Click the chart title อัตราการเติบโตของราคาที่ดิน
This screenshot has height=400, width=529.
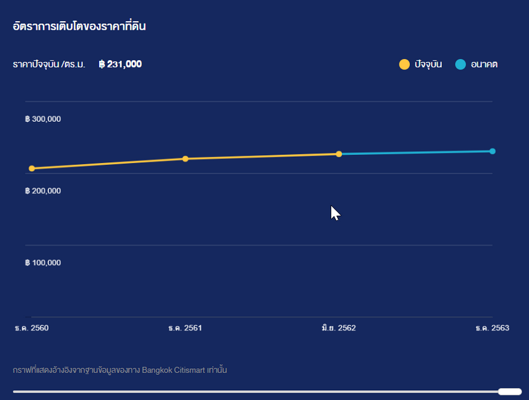[x=79, y=27]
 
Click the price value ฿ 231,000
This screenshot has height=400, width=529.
[x=120, y=65]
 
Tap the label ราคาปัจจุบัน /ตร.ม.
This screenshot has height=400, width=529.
[x=49, y=65]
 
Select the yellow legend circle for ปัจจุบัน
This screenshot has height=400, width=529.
[x=404, y=64]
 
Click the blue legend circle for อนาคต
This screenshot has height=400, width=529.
[x=460, y=64]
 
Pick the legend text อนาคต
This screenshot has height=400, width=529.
[x=484, y=65]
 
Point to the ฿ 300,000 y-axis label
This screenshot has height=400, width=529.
[x=43, y=119]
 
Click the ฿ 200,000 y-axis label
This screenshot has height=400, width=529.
[x=43, y=191]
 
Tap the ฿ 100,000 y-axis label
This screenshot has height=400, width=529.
[x=43, y=263]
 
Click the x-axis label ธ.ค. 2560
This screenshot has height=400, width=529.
[x=31, y=328]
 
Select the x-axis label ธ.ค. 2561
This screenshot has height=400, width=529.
[x=185, y=328]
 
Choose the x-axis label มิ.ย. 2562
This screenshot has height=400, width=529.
[x=339, y=328]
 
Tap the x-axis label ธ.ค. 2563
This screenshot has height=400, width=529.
[x=493, y=328]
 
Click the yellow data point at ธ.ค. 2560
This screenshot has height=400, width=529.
[x=32, y=168]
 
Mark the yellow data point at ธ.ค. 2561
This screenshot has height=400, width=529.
[x=185, y=159]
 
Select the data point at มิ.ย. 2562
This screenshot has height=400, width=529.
[x=339, y=154]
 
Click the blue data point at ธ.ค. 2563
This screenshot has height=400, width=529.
[x=493, y=151]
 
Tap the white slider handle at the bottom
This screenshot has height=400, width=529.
[x=509, y=391]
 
